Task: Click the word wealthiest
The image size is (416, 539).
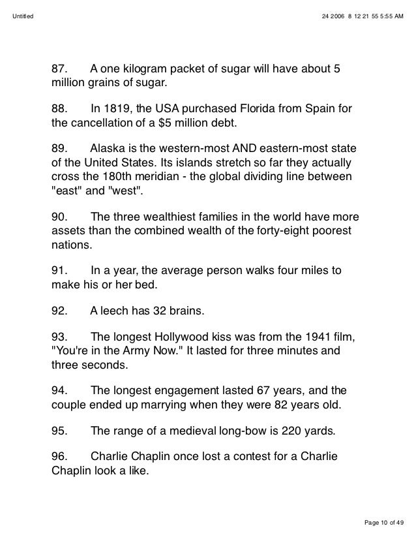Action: click(158, 217)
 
